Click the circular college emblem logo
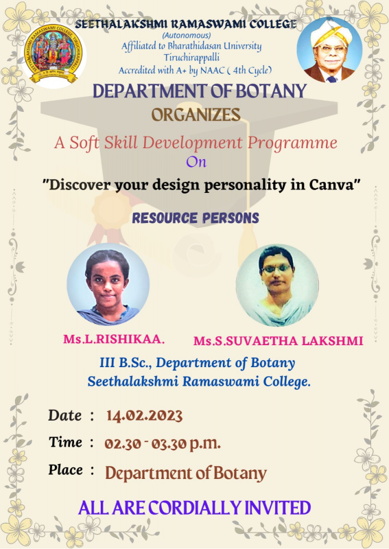click(53, 54)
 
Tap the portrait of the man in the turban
click(329, 50)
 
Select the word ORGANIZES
click(196, 115)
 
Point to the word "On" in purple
click(196, 162)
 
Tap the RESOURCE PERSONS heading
click(196, 218)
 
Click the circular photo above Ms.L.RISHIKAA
click(108, 284)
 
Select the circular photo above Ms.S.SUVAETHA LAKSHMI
click(277, 285)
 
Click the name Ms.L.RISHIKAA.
click(114, 339)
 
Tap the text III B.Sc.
click(126, 362)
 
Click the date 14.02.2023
click(144, 415)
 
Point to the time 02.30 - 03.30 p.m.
click(163, 444)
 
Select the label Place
click(65, 469)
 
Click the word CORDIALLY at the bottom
click(195, 508)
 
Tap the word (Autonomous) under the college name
click(186, 36)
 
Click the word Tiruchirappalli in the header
click(191, 58)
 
